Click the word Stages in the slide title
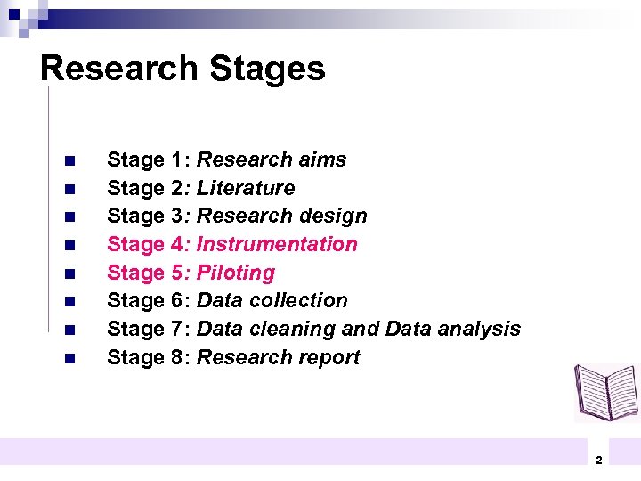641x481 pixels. tap(268, 69)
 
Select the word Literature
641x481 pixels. tap(246, 189)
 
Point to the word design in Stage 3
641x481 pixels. tap(334, 216)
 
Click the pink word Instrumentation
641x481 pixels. tap(277, 245)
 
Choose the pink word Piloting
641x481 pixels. tap(236, 273)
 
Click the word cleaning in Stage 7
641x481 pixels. tap(294, 330)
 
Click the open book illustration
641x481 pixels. tap(606, 391)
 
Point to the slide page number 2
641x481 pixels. tap(598, 460)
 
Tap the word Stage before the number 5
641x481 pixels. tap(135, 273)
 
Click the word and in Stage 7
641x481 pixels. tap(361, 330)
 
